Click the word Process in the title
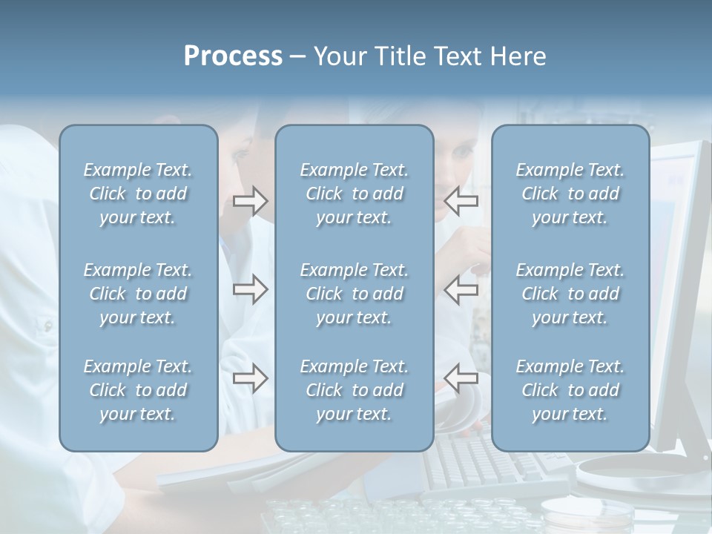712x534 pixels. pyautogui.click(x=233, y=56)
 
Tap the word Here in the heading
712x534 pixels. pyautogui.click(x=517, y=56)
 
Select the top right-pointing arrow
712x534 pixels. pyautogui.click(x=250, y=201)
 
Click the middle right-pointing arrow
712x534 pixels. pyautogui.click(x=250, y=289)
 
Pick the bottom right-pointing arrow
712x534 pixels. pyautogui.click(x=250, y=378)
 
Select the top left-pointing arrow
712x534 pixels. pyautogui.click(x=461, y=201)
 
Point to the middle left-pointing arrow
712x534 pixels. pyautogui.click(x=461, y=289)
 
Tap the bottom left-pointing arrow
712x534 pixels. pyautogui.click(x=461, y=378)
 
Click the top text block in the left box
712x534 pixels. pyautogui.click(x=138, y=194)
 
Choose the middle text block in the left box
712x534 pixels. pyautogui.click(x=138, y=294)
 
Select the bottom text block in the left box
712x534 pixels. pyautogui.click(x=138, y=390)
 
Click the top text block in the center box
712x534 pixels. pyautogui.click(x=354, y=194)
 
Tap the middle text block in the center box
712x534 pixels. pyautogui.click(x=354, y=294)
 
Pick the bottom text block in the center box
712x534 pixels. pyautogui.click(x=354, y=390)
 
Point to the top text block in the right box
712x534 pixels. pyautogui.click(x=570, y=194)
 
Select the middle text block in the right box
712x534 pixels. pyautogui.click(x=570, y=294)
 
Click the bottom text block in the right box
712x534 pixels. pyautogui.click(x=570, y=390)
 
